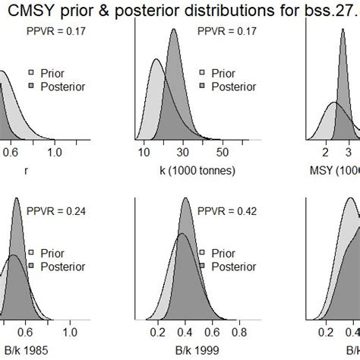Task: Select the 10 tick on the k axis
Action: [144, 152]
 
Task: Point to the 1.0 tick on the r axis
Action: [54, 152]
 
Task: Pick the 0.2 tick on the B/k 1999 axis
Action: [157, 332]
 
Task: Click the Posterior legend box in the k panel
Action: [202, 87]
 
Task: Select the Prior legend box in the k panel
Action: [202, 74]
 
